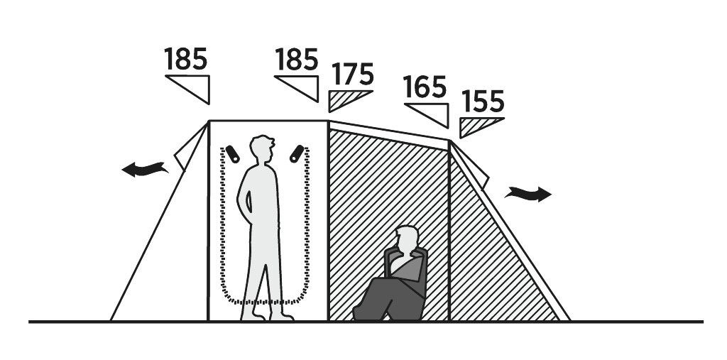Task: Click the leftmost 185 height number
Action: tap(186, 60)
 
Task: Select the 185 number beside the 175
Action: tap(296, 60)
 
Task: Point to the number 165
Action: tap(425, 88)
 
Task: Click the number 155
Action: tap(482, 102)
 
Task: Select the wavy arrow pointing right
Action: tap(529, 193)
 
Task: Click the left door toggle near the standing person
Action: tap(233, 154)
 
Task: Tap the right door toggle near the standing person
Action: tap(297, 153)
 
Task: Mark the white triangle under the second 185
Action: tap(304, 88)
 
